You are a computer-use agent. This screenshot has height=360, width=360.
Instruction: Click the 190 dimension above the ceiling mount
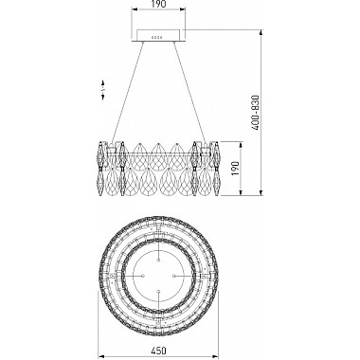[x=158, y=4]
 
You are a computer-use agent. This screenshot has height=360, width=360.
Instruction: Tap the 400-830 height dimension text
[x=256, y=113]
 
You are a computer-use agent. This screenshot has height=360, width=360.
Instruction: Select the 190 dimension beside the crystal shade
[x=237, y=169]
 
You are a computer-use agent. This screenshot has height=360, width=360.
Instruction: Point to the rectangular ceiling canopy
[x=158, y=36]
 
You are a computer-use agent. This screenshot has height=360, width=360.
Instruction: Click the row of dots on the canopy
[x=157, y=37]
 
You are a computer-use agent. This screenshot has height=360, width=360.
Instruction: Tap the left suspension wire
[x=127, y=92]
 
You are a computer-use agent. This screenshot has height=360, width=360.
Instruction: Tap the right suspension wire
[x=189, y=92]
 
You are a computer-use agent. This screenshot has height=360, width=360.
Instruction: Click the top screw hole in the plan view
[x=158, y=260]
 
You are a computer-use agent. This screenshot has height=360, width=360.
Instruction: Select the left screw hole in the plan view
[x=142, y=276]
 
